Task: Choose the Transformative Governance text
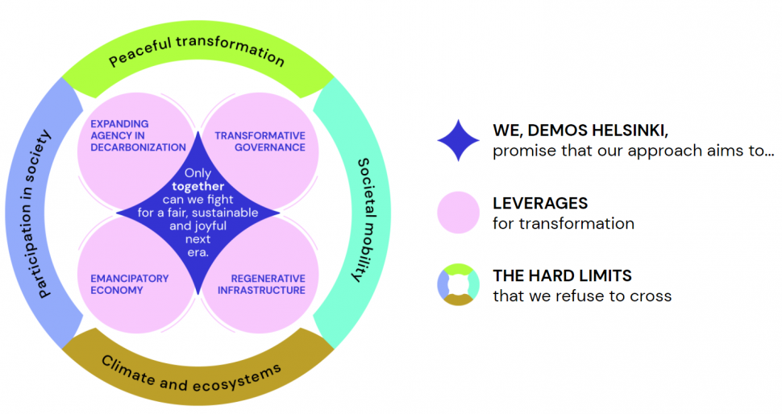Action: tap(260, 141)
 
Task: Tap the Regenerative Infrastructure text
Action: tap(263, 284)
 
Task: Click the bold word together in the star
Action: tap(198, 186)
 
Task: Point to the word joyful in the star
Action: tap(188, 226)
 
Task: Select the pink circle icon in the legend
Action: tap(459, 213)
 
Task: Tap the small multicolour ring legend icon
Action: tap(459, 285)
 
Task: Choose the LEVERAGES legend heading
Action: tap(540, 203)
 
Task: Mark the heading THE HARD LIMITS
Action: tap(562, 275)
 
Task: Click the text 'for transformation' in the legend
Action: tap(564, 224)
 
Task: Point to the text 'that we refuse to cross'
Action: tap(582, 296)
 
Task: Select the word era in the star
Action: tap(198, 252)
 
